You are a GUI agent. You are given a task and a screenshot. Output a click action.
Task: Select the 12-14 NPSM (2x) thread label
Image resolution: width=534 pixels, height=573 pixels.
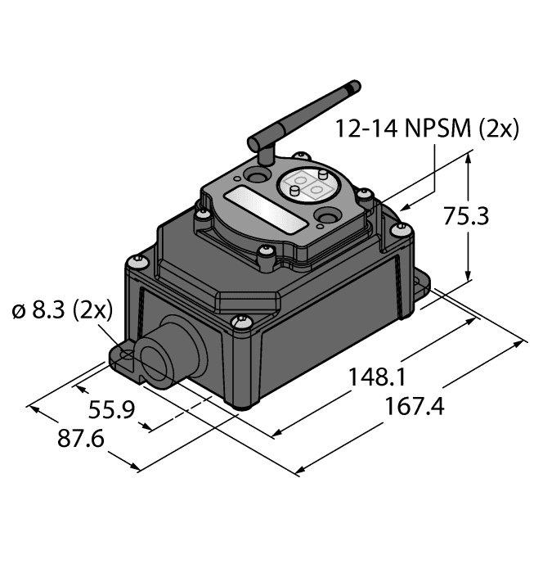[x=427, y=129]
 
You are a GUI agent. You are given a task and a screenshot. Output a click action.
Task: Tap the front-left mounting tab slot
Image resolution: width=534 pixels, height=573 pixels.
[x=123, y=355]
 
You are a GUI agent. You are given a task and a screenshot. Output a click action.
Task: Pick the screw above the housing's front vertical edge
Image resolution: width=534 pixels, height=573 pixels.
[x=239, y=322]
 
